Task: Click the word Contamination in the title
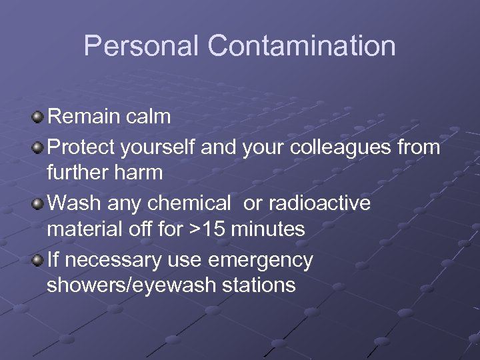301,46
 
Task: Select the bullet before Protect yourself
39,147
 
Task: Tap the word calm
150,117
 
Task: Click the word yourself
157,146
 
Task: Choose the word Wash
73,202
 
